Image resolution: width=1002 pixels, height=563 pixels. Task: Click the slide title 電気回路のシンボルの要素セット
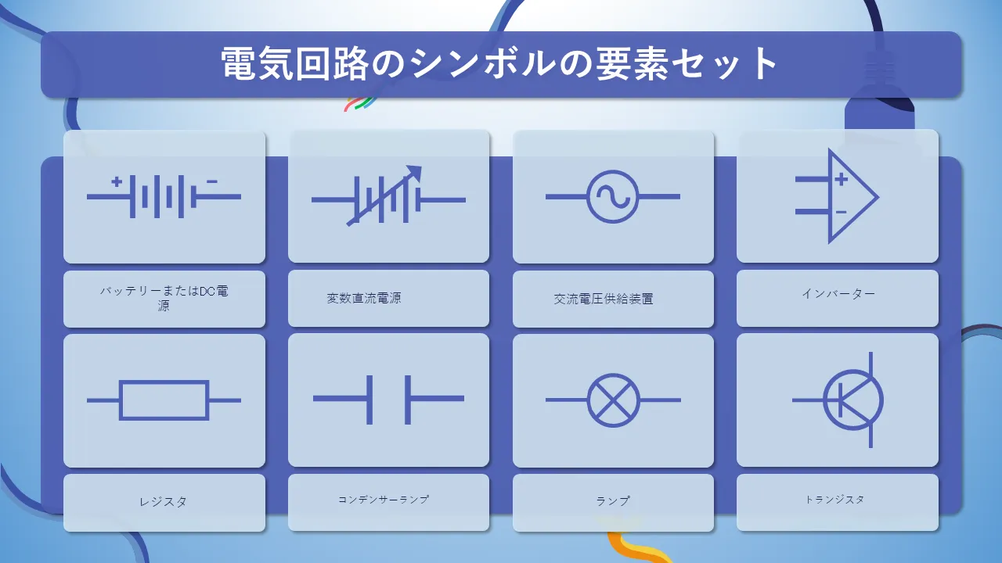pos(499,64)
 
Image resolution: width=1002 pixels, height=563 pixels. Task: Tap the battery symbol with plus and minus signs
pos(164,196)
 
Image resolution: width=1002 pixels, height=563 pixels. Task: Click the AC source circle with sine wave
pos(612,196)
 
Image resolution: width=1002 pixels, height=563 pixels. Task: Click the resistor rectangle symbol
pos(164,400)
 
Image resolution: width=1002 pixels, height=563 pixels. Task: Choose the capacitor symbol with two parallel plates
pos(388,400)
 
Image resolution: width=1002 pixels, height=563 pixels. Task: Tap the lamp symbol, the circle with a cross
pos(613,400)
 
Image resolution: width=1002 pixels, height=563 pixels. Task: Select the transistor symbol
pos(838,400)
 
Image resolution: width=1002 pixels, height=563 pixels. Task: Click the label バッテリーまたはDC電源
pos(164,298)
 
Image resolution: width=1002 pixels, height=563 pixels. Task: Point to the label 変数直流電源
pos(364,298)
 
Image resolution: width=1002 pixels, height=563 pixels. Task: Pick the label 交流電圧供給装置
pos(604,299)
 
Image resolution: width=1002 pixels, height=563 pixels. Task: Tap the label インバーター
pos(838,293)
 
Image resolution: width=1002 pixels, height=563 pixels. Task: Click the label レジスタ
pos(164,502)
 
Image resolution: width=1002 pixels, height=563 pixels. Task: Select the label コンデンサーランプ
pos(384,499)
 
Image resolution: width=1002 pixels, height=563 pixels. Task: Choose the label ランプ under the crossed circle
pos(613,501)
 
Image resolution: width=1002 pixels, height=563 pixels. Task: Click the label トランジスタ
pos(834,499)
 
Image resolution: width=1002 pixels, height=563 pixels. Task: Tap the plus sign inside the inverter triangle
pos(842,179)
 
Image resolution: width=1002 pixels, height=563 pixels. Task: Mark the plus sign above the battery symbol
pos(117,182)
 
